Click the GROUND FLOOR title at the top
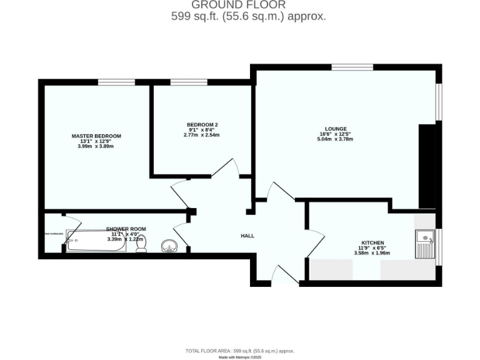pos(248,6)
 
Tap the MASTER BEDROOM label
pos(96,136)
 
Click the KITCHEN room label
pos(372,242)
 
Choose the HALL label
pos(247,236)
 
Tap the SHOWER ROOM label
pos(126,229)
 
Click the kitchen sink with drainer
pos(425,244)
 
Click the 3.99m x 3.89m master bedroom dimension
pos(96,146)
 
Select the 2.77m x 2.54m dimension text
pos(201,135)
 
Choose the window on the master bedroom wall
pos(116,82)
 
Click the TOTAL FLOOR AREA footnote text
pos(239,351)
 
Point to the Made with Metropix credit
pos(239,357)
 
